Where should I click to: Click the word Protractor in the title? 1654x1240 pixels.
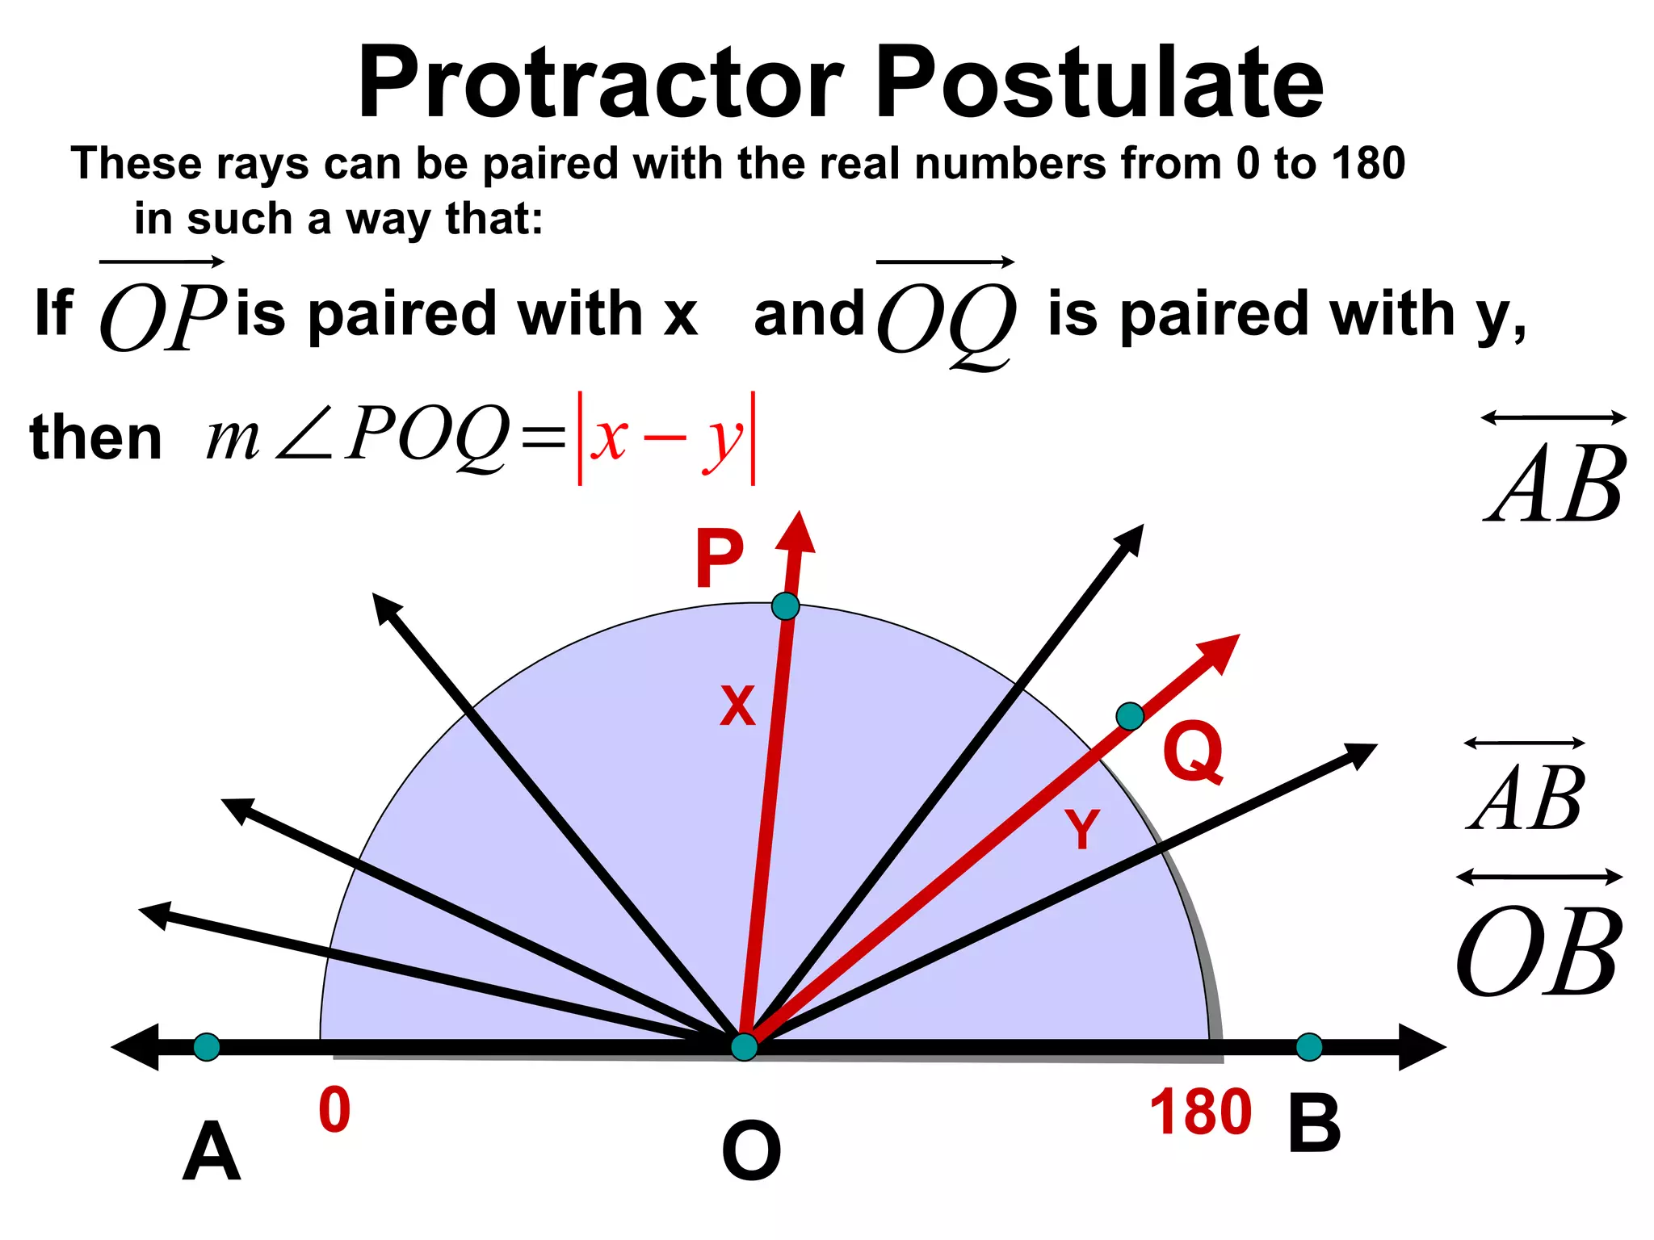tap(602, 82)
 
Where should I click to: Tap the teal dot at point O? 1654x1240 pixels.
tap(744, 1046)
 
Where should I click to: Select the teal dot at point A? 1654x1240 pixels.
tap(207, 1047)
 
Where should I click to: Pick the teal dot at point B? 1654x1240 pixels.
tap(1309, 1047)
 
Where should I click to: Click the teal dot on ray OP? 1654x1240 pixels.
tap(785, 605)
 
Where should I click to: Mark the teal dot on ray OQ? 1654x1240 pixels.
tap(1129, 715)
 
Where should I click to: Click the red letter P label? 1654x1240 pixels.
tap(719, 559)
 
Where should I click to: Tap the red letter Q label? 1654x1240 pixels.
tap(1193, 752)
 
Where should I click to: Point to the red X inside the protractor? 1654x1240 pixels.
tap(737, 706)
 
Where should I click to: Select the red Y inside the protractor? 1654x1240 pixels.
tap(1081, 828)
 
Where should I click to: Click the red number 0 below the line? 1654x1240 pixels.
tap(334, 1111)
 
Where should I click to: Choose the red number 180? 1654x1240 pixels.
tap(1200, 1112)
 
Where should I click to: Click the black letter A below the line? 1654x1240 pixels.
tap(212, 1151)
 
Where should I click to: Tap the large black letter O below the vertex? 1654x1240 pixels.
tap(751, 1151)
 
